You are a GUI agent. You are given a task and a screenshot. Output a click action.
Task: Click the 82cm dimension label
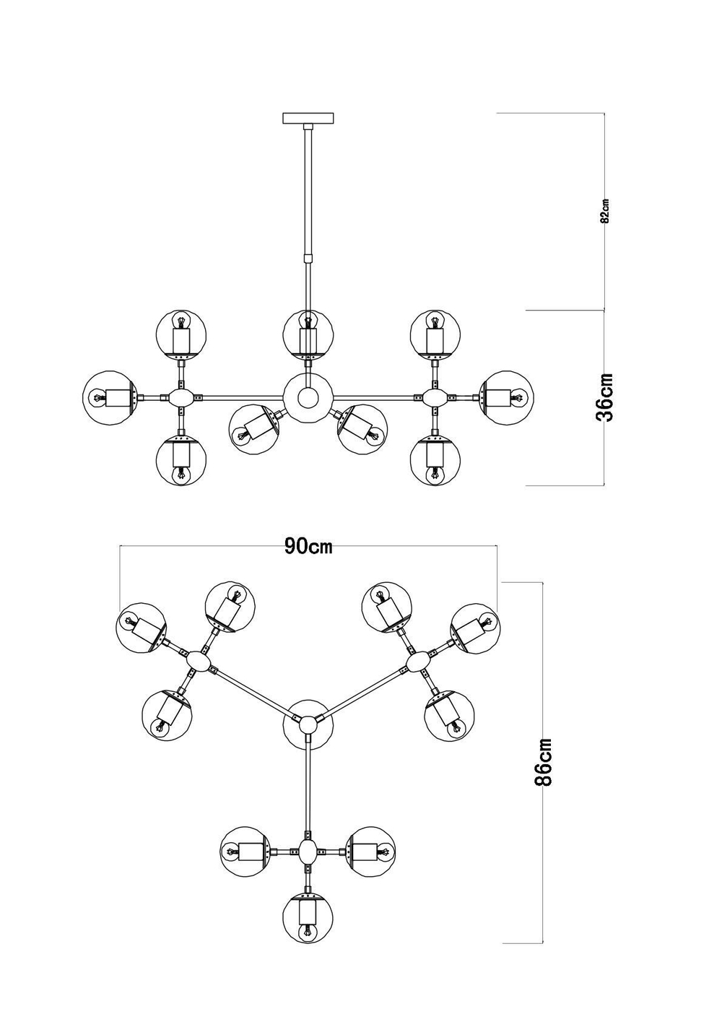tap(606, 210)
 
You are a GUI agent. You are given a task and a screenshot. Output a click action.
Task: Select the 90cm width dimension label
tap(308, 546)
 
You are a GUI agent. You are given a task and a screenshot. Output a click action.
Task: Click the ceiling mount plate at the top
tap(308, 118)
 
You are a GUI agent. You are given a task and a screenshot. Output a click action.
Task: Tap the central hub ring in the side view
tap(308, 397)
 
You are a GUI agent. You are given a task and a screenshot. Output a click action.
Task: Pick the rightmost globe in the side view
tap(508, 397)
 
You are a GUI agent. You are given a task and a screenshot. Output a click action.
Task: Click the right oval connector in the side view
tap(435, 397)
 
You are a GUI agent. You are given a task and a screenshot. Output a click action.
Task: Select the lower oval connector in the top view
tap(308, 852)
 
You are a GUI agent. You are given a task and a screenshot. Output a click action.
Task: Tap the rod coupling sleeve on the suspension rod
tap(308, 258)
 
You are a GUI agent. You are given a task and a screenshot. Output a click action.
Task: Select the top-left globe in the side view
tap(181, 334)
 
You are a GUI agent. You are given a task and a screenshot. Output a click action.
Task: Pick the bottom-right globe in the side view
tap(435, 460)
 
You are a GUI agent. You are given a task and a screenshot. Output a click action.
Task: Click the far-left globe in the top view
tap(141, 626)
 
